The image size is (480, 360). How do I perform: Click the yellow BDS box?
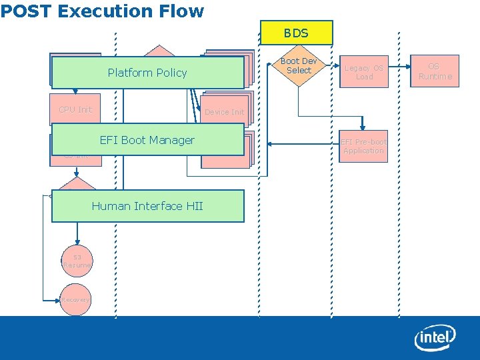pyautogui.click(x=296, y=33)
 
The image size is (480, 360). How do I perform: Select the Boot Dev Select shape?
pyautogui.click(x=298, y=66)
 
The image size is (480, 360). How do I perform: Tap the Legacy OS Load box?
pyautogui.click(x=364, y=72)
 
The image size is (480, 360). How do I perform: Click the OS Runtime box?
pyautogui.click(x=435, y=71)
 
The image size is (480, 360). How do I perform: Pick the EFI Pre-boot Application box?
pyautogui.click(x=363, y=146)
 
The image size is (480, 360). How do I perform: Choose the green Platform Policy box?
pyautogui.click(x=147, y=73)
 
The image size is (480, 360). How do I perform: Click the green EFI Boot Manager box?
pyautogui.click(x=147, y=140)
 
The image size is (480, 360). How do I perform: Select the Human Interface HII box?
pyautogui.click(x=147, y=206)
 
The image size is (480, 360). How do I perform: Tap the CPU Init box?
pyautogui.click(x=75, y=110)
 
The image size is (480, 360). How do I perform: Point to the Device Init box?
pyautogui.click(x=225, y=112)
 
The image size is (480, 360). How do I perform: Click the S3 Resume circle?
pyautogui.click(x=77, y=261)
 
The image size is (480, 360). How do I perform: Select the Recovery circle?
pyautogui.click(x=75, y=300)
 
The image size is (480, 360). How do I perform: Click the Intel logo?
pyautogui.click(x=435, y=338)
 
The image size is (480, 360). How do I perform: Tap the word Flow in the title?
pyautogui.click(x=181, y=11)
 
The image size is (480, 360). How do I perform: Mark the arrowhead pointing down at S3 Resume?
pyautogui.click(x=77, y=242)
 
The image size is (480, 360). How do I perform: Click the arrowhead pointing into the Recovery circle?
pyautogui.click(x=57, y=300)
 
